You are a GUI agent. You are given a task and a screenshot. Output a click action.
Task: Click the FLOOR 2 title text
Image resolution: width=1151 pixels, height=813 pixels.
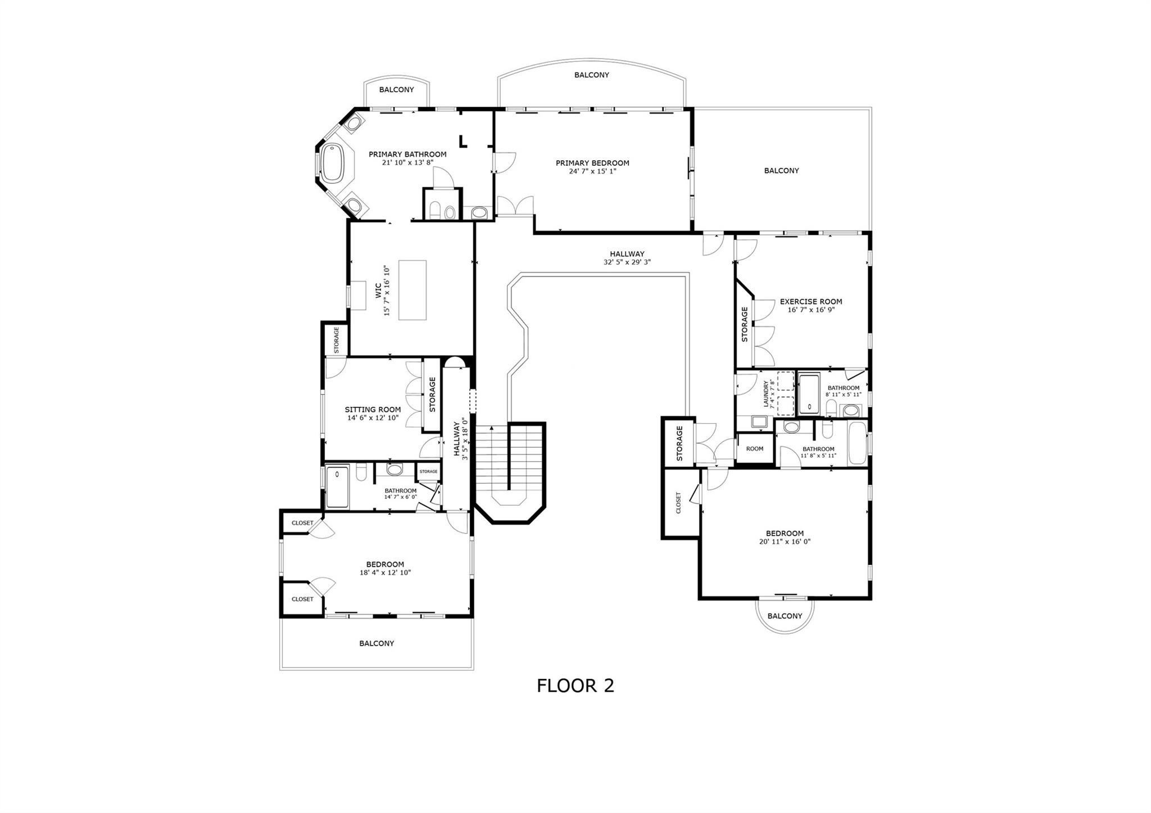pos(575,685)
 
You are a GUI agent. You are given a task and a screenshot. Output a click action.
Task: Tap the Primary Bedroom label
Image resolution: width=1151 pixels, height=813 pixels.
pos(592,163)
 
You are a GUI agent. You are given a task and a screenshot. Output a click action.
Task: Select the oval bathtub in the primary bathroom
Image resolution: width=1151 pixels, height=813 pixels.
pos(333,163)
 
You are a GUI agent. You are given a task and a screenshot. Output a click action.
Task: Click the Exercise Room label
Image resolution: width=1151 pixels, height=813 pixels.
pos(810,302)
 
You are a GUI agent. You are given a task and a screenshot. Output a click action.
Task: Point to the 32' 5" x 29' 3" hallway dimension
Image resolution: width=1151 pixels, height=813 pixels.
pos(627,262)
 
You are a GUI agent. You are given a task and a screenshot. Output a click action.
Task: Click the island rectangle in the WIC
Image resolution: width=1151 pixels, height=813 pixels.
pos(412,290)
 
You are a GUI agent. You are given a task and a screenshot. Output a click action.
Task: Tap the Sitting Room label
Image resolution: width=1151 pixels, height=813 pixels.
pos(373,410)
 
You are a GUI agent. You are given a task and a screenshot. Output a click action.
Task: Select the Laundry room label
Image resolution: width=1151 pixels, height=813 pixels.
pos(765,393)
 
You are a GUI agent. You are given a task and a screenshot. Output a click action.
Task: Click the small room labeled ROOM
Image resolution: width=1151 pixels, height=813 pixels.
pos(754,448)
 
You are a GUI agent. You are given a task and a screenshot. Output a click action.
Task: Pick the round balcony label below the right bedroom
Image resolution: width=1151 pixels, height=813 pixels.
pos(785,616)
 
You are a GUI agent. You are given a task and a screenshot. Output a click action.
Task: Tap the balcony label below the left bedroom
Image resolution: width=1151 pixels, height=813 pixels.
pos(377,643)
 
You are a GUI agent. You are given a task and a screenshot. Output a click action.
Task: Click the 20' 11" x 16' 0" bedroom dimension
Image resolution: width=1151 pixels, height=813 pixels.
pos(784,542)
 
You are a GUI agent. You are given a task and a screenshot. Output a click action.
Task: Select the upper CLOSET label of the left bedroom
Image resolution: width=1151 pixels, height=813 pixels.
pos(302,523)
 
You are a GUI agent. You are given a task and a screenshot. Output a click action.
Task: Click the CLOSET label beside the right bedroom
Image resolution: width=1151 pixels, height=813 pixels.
pos(678,503)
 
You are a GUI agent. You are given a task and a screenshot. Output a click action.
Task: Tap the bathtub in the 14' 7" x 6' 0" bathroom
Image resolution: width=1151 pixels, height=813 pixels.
pos(337,487)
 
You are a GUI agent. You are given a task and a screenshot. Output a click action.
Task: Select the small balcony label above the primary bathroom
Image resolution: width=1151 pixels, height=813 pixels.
pos(396,90)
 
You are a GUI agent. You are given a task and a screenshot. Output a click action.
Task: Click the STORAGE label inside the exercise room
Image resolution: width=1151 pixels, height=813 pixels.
pos(745,324)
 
